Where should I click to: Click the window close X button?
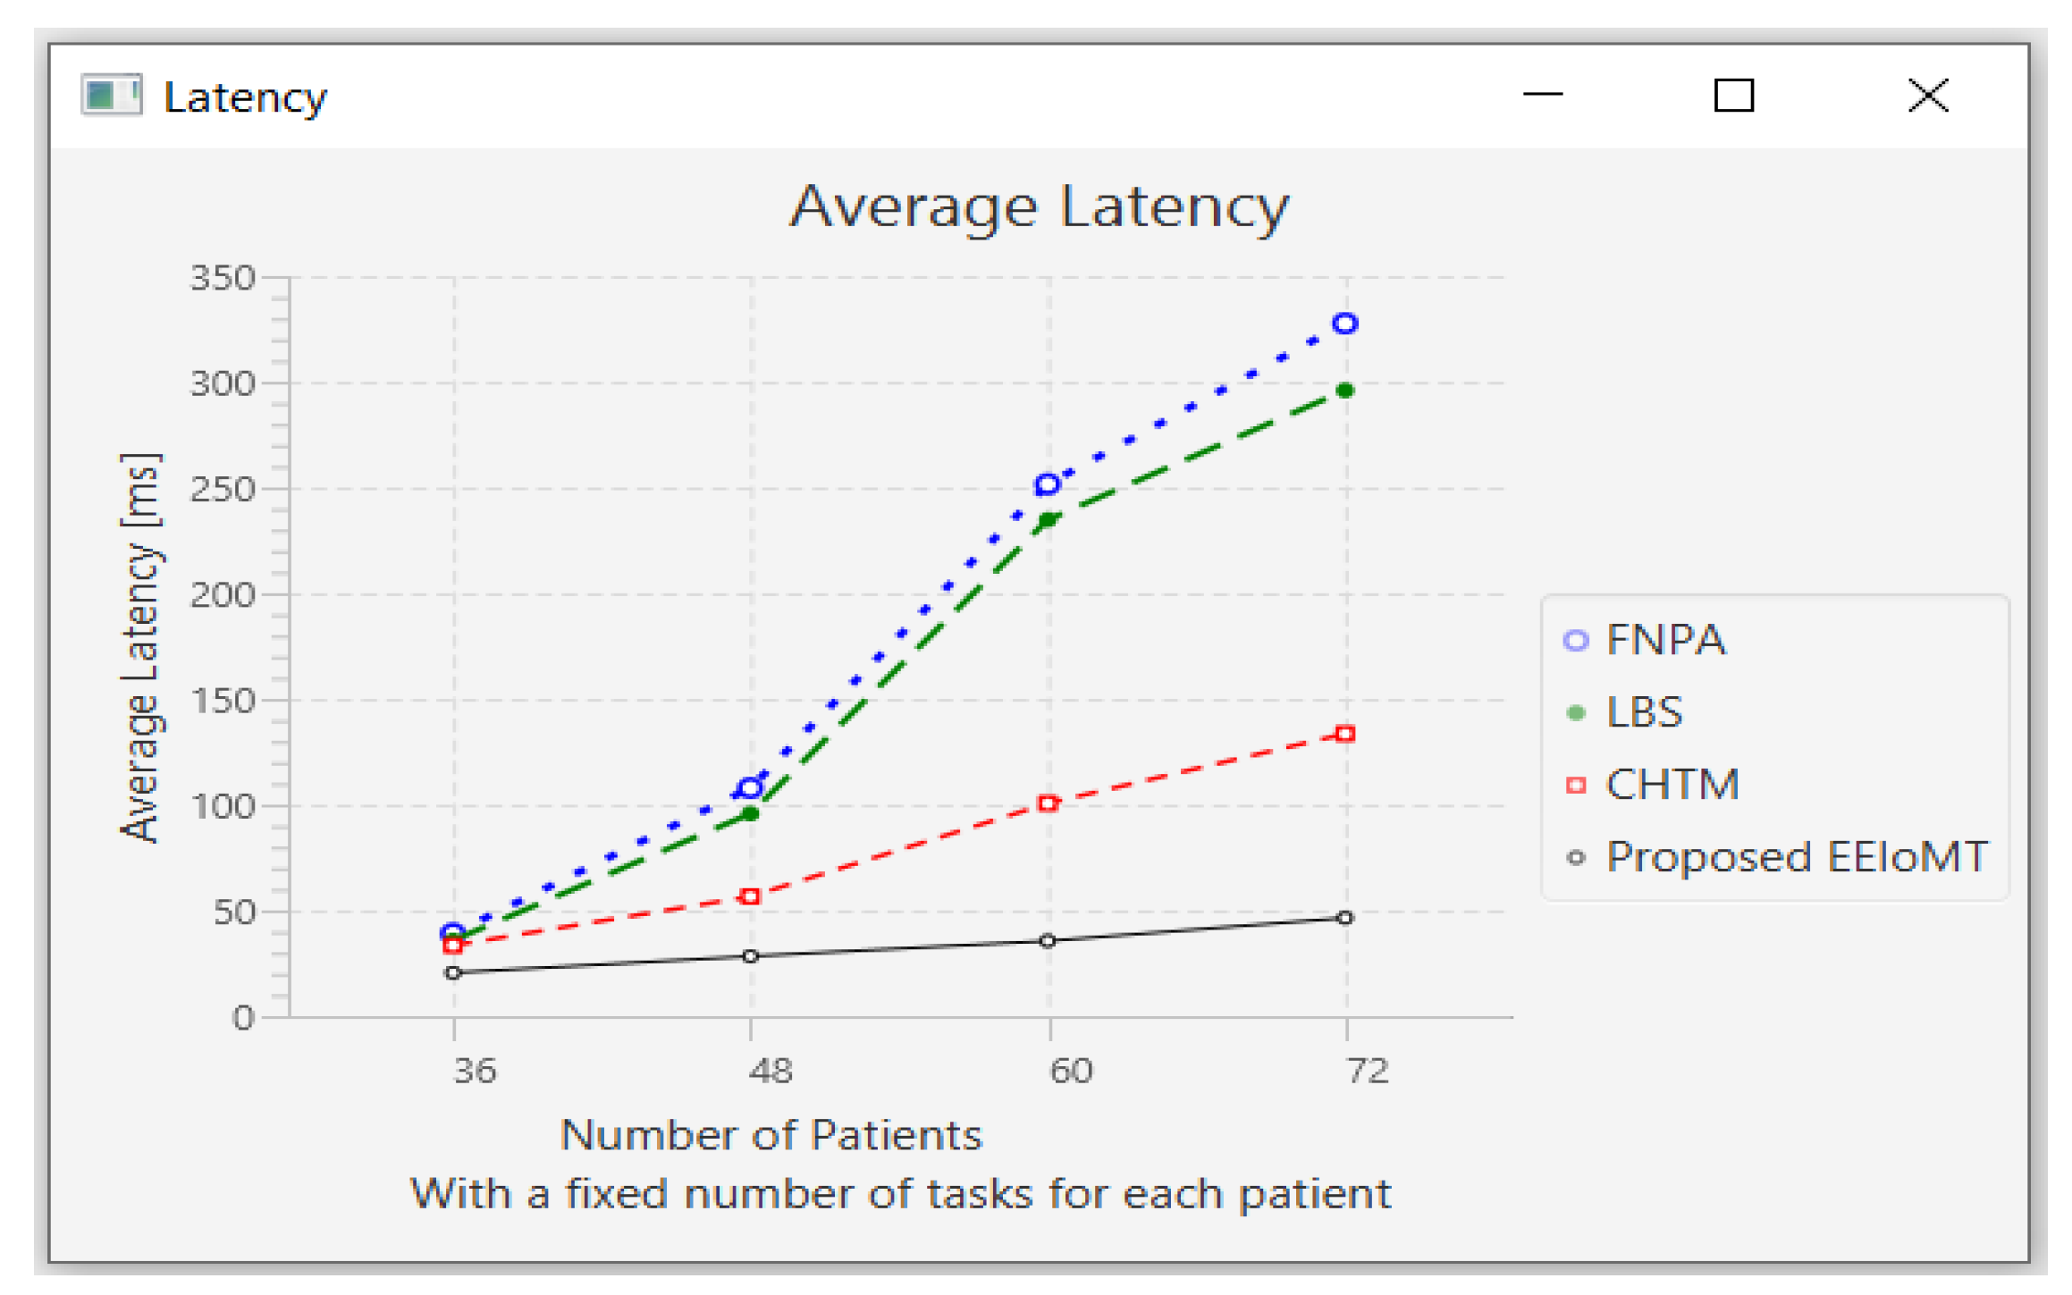click(x=1927, y=95)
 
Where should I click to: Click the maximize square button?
click(x=1732, y=95)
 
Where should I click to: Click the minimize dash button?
click(x=1542, y=93)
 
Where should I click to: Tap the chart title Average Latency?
click(x=1038, y=207)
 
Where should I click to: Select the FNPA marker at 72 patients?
click(x=1344, y=324)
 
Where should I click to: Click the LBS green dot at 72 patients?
click(x=1344, y=391)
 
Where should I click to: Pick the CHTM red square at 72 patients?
click(x=1344, y=734)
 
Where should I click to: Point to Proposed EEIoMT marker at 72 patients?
click(x=1344, y=918)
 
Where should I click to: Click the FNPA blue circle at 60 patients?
click(x=1047, y=485)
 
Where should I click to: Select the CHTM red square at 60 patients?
click(x=1048, y=803)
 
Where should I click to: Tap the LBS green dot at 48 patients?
click(x=751, y=813)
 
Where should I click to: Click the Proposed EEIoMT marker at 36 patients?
click(x=453, y=972)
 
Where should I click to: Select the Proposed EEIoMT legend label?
click(x=1796, y=857)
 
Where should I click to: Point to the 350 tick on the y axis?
click(x=223, y=278)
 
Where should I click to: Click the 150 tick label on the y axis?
click(x=223, y=701)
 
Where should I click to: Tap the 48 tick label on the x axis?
click(x=771, y=1070)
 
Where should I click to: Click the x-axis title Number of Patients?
click(x=771, y=1135)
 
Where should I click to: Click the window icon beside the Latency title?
click(x=112, y=95)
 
